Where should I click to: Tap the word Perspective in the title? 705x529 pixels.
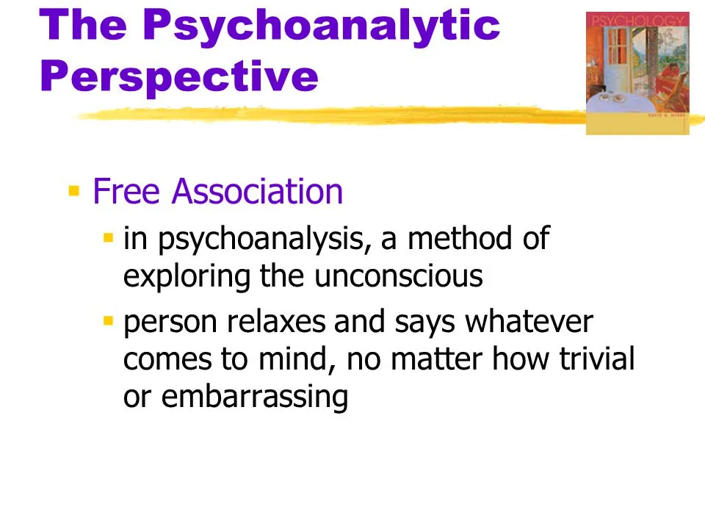tap(179, 77)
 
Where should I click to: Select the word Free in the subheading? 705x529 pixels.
tap(126, 191)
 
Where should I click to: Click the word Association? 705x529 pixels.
tap(257, 191)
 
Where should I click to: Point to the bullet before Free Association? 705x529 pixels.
tap(73, 191)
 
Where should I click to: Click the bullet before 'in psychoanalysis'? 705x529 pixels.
tap(108, 237)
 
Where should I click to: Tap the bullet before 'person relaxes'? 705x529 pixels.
tap(108, 321)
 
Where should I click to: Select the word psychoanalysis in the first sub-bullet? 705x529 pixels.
tap(265, 240)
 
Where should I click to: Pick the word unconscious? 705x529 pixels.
tap(398, 276)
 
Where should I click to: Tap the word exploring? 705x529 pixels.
tap(187, 277)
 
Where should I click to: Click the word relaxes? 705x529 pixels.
tap(276, 321)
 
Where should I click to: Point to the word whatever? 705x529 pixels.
tap(529, 321)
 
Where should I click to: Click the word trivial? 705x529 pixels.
tap(596, 359)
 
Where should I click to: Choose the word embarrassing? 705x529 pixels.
tap(255, 397)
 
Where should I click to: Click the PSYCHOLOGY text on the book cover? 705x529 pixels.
tap(637, 21)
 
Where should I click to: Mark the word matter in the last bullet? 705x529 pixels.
tap(436, 359)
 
